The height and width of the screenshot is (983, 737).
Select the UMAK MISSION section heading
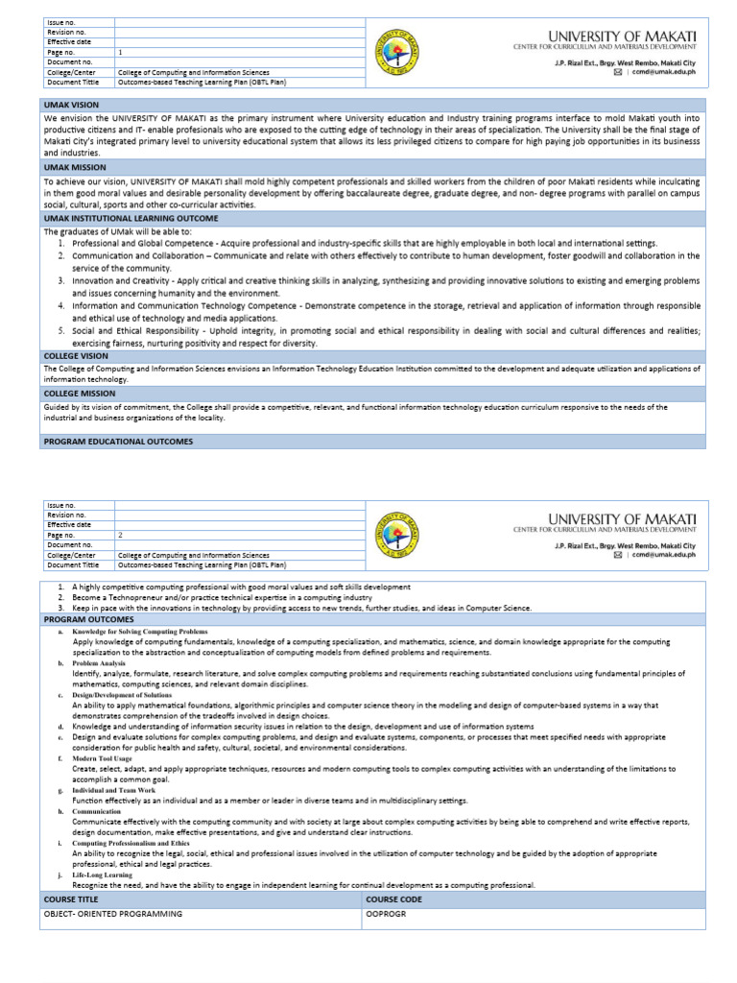tap(73, 167)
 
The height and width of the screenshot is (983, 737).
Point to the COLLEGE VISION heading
tap(76, 355)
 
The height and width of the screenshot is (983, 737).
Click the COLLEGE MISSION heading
tap(80, 394)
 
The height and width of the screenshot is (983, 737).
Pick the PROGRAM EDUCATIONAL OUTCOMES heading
tap(118, 442)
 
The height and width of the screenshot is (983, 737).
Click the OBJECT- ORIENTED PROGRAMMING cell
tap(112, 915)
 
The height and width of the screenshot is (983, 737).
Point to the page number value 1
tap(120, 52)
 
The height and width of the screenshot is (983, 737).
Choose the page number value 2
tap(120, 535)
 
